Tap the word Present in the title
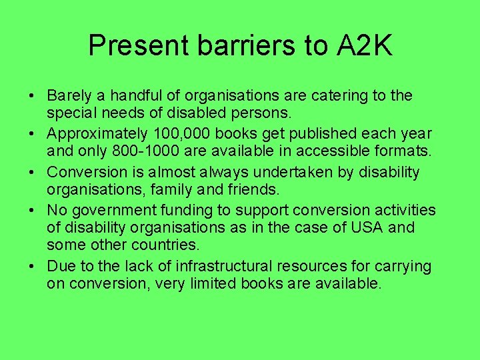coord(139,45)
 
